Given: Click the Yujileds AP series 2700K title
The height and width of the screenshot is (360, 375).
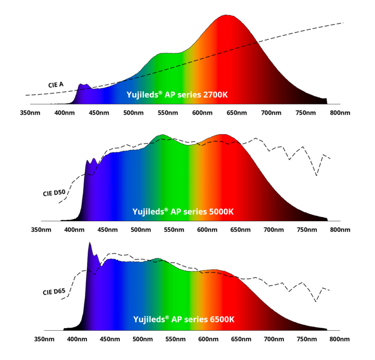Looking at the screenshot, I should pyautogui.click(x=177, y=95).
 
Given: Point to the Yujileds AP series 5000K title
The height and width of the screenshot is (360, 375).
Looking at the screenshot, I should pyautogui.click(x=183, y=211).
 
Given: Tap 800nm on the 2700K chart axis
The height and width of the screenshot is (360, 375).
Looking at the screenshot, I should pyautogui.click(x=340, y=113).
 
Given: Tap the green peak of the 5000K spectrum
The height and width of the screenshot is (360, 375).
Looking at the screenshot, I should pyautogui.click(x=163, y=136).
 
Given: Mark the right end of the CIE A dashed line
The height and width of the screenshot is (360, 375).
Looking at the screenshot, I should pyautogui.click(x=342, y=23).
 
